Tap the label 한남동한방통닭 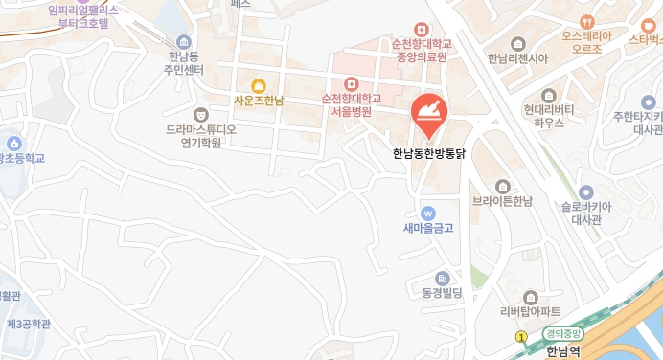click(x=428, y=152)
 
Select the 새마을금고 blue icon click(x=427, y=212)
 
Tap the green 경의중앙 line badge click(x=563, y=334)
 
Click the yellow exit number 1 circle click(x=521, y=337)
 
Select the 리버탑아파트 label click(x=531, y=311)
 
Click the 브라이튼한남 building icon click(x=503, y=186)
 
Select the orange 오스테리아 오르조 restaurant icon click(x=586, y=21)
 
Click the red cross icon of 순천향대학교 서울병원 click(x=352, y=83)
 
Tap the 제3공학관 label click(x=28, y=325)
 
